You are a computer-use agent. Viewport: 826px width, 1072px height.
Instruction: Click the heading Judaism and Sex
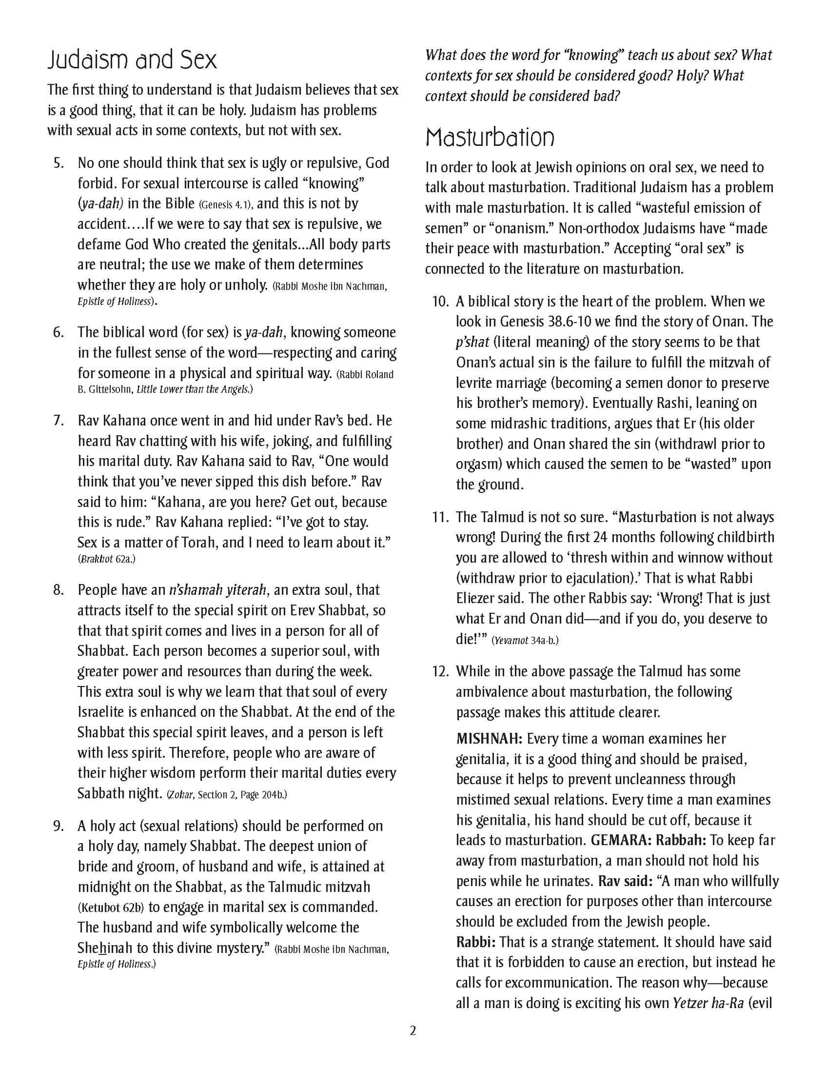click(132, 60)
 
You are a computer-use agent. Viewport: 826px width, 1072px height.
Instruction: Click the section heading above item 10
click(490, 137)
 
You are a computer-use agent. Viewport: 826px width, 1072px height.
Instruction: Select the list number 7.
click(58, 421)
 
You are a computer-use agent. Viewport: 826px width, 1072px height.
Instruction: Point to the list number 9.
click(58, 826)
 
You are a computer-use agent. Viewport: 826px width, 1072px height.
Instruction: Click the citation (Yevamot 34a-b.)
click(525, 641)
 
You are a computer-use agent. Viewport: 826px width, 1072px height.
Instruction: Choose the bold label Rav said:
click(625, 882)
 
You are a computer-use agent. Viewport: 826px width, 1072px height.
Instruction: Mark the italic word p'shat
click(472, 342)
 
